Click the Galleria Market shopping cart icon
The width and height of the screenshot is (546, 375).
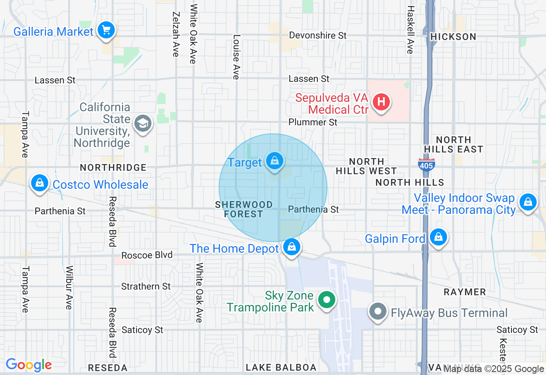pos(106,31)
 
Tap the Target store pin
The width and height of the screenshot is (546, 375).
pos(275,162)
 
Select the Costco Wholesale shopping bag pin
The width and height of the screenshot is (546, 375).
pos(40,183)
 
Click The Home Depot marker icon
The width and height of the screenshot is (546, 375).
pos(291,247)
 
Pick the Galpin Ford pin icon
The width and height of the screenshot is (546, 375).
pos(438,237)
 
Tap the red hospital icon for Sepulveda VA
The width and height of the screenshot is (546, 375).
pos(381,102)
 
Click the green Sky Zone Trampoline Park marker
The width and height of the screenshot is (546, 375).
pos(327,300)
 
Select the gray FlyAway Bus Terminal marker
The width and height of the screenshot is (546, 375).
pos(378,312)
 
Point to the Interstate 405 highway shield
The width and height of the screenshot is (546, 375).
pos(427,164)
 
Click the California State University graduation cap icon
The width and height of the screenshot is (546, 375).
pos(142,124)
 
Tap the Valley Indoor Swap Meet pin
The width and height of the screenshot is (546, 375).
pos(528,202)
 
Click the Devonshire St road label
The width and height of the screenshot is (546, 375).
pos(318,35)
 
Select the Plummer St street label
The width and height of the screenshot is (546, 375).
pos(313,122)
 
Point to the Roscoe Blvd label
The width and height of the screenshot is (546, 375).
pos(147,255)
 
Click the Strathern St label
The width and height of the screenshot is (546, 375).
pos(146,286)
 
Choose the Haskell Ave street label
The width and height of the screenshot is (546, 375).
pos(410,30)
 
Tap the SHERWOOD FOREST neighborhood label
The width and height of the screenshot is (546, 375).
pos(244,209)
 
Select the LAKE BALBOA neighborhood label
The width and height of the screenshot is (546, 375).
pos(281,367)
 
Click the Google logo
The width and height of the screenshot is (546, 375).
pos(29,365)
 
